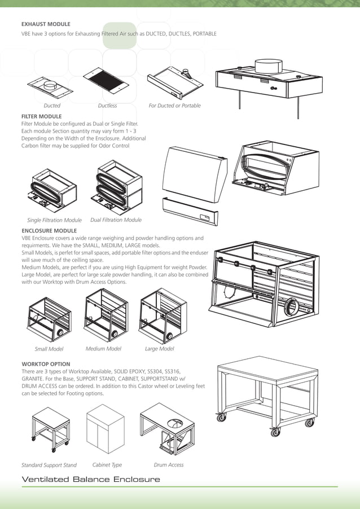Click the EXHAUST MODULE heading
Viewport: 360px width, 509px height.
pos(46,24)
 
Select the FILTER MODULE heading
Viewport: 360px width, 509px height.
pos(41,116)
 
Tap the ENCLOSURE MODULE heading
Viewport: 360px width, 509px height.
pos(49,231)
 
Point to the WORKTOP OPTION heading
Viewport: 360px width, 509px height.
pos(46,364)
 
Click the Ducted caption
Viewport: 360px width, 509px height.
pos(52,106)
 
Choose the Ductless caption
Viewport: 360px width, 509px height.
pos(107,106)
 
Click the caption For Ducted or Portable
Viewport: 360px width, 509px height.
pos(174,106)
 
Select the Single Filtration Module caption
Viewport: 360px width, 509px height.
pos(54,220)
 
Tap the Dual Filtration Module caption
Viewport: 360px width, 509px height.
pos(116,220)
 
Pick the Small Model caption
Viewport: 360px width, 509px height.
pos(49,349)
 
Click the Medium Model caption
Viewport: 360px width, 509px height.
pos(103,349)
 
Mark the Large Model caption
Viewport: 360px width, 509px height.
pos(159,349)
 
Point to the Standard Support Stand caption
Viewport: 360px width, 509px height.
pos(49,466)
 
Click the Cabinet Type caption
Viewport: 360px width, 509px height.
pos(107,465)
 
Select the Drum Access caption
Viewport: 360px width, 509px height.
pos(168,465)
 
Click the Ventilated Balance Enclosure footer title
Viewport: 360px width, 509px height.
pos(90,480)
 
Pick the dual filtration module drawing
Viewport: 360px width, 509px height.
pos(116,186)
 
